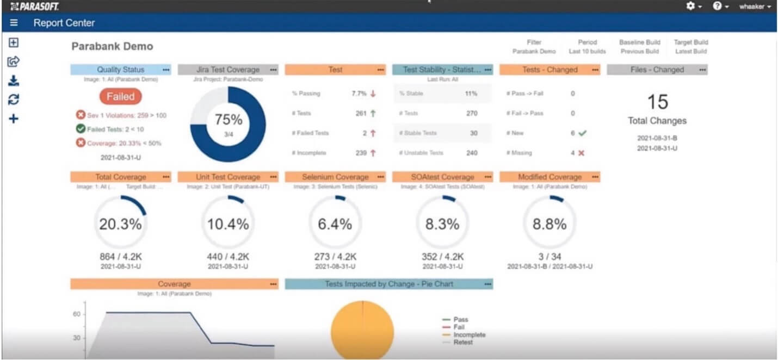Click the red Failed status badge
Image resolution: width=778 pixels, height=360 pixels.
click(120, 96)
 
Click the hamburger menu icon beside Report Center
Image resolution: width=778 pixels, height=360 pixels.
click(14, 23)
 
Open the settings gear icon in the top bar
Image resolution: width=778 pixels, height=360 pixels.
click(691, 6)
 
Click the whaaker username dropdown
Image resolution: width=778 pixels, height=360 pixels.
click(755, 7)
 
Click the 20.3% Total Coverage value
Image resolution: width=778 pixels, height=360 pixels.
click(120, 224)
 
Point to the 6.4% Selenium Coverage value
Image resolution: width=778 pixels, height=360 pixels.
click(335, 224)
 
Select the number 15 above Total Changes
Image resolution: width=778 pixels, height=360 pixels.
click(657, 102)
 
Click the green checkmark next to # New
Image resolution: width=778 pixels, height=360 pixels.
click(582, 133)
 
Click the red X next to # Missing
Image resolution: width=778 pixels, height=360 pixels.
click(581, 153)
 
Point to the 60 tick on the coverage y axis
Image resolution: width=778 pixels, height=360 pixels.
click(77, 314)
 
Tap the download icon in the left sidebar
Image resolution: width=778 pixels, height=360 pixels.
click(14, 81)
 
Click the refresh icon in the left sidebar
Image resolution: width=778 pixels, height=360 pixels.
click(14, 100)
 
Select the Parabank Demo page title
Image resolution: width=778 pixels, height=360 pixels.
click(112, 46)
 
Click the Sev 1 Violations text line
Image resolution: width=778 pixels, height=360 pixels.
click(121, 115)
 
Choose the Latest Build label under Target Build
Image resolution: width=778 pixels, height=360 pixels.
click(691, 52)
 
